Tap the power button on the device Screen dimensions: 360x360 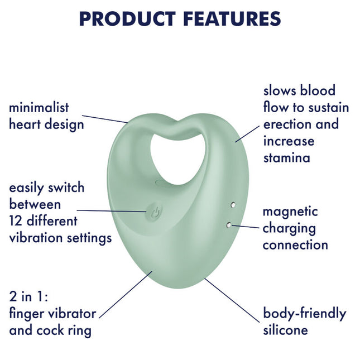click(x=157, y=212)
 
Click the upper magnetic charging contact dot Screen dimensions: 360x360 click(x=233, y=205)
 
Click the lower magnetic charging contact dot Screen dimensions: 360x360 click(x=229, y=224)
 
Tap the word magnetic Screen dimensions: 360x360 click(x=290, y=212)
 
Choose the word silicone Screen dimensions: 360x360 click(x=285, y=330)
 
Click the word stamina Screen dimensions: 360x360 click(x=286, y=157)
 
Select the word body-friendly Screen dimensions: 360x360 click(x=304, y=313)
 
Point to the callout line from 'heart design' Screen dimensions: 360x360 click(x=108, y=118)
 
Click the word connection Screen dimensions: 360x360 click(x=295, y=245)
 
